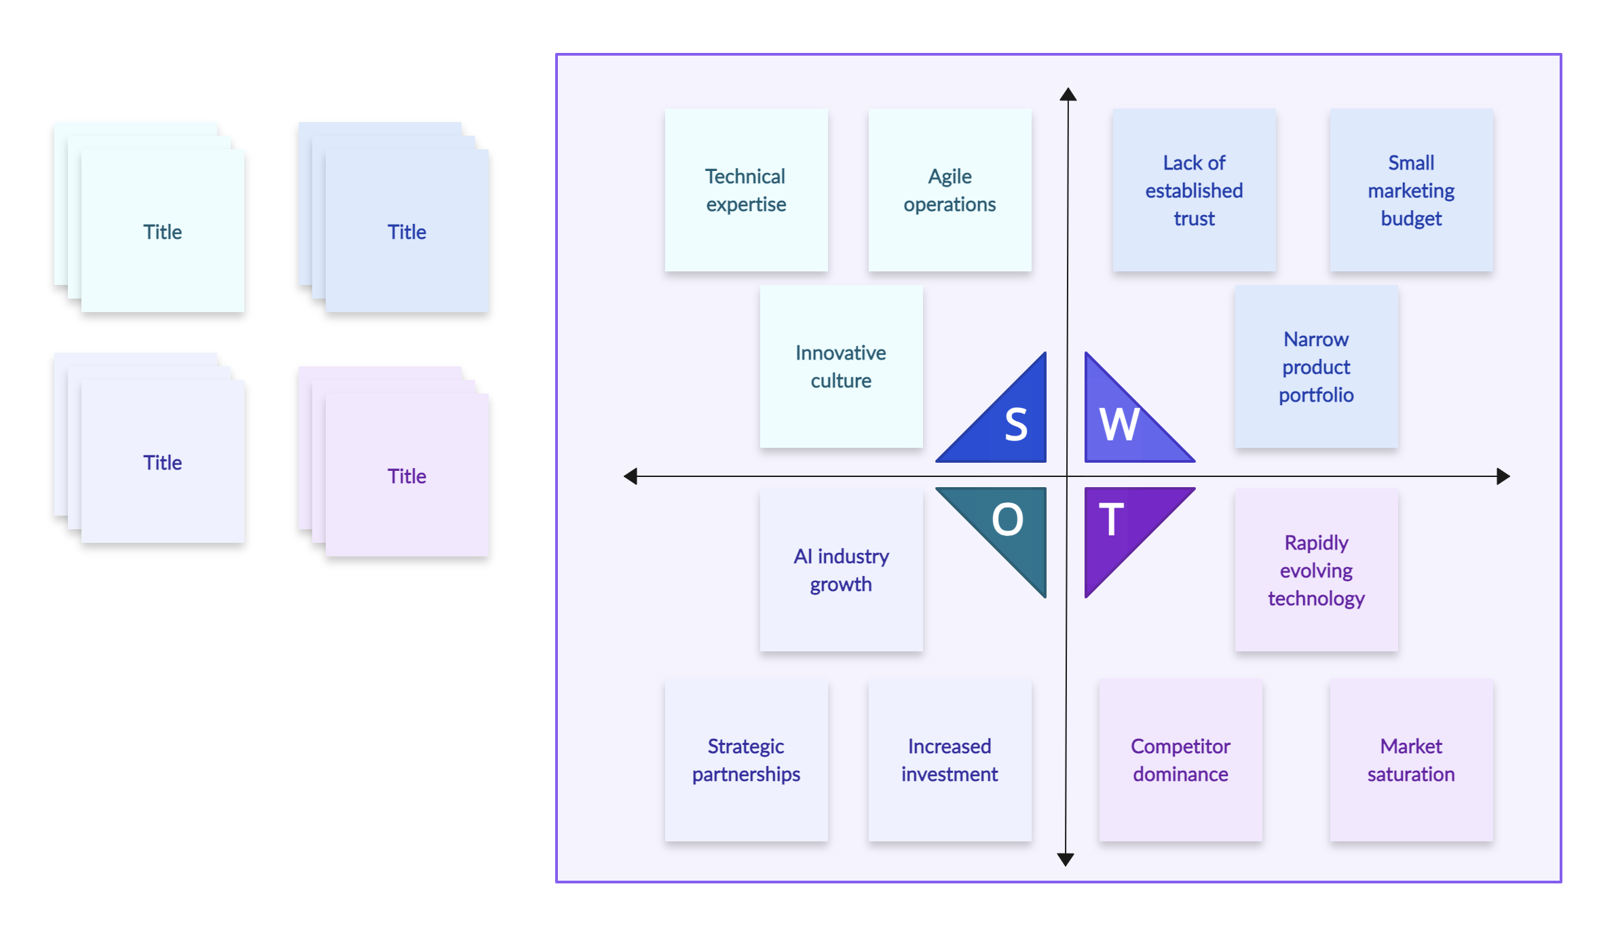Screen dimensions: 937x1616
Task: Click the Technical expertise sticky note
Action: [x=746, y=190]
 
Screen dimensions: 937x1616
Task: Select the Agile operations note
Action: [x=950, y=190]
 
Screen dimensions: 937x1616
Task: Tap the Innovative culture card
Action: [x=841, y=366]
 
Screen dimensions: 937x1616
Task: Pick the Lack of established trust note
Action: [x=1194, y=190]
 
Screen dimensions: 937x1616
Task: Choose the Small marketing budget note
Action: [x=1411, y=190]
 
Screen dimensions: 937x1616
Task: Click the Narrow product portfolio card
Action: [x=1316, y=366]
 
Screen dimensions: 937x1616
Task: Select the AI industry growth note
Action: [x=841, y=570]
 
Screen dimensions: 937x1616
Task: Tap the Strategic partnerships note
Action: [x=746, y=760]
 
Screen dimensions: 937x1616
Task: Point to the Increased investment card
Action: [x=950, y=760]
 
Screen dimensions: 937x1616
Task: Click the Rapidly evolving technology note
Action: [x=1316, y=570]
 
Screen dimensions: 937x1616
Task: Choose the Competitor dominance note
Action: [x=1180, y=760]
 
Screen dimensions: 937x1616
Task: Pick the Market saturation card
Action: [x=1411, y=760]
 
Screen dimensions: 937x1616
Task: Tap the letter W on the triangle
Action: [x=1119, y=425]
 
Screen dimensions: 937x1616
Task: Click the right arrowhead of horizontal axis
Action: [x=1503, y=476]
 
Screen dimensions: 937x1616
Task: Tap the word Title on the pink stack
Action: [x=407, y=476]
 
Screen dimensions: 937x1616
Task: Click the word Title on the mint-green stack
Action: [x=162, y=232]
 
